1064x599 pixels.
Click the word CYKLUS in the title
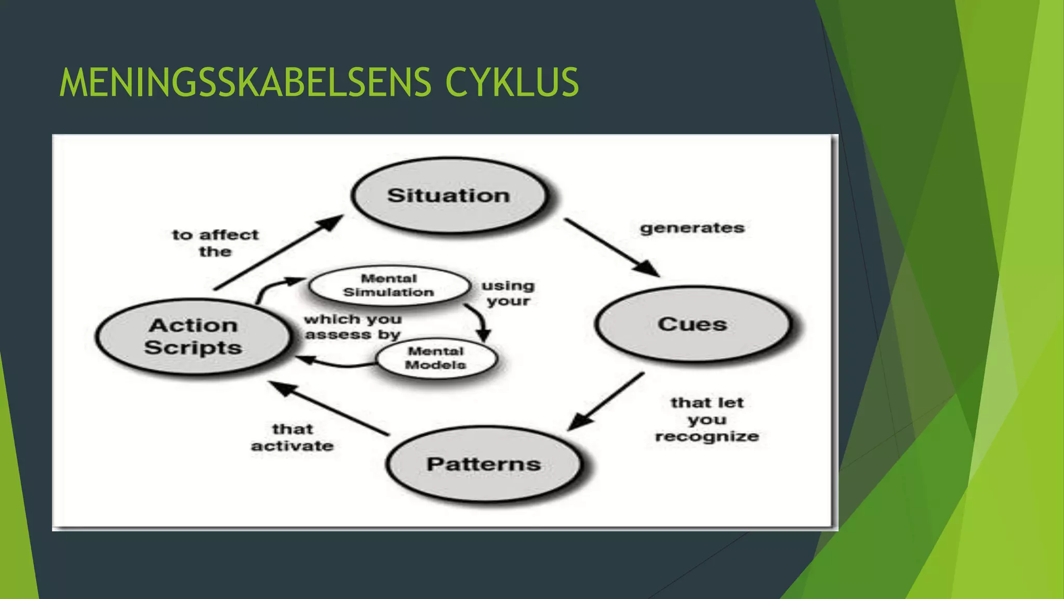click(512, 82)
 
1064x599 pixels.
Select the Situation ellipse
click(449, 196)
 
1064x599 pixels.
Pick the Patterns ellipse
click(484, 463)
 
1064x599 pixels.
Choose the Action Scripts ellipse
click(193, 336)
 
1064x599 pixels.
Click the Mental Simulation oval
click(389, 285)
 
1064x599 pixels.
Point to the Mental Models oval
click(436, 358)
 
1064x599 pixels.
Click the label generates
click(692, 228)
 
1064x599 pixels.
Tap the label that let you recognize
click(707, 419)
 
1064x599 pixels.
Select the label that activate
click(292, 437)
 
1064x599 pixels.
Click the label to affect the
click(215, 243)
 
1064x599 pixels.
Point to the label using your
click(508, 293)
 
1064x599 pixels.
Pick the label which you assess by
click(353, 327)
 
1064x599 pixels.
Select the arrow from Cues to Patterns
click(607, 401)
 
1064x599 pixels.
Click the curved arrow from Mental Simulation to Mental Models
click(481, 320)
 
